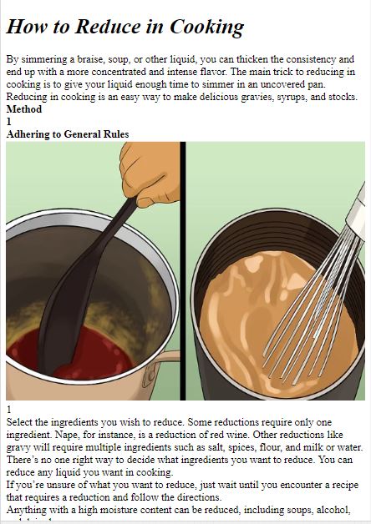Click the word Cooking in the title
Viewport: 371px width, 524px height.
[x=206, y=27]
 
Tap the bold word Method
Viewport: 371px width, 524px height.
[x=24, y=109]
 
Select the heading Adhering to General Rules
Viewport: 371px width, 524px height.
[x=68, y=134]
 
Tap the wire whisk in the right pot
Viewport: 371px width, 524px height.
[x=311, y=307]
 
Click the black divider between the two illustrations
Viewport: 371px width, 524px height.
[x=183, y=271]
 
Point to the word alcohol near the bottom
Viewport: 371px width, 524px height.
[x=333, y=510]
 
